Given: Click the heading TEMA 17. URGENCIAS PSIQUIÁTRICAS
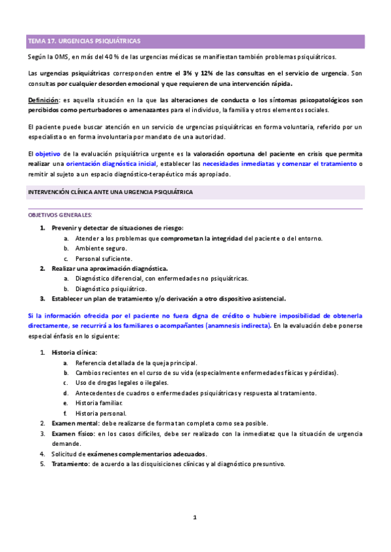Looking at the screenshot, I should click(x=84, y=41).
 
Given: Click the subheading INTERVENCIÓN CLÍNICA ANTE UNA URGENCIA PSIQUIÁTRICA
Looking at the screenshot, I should click(x=109, y=193).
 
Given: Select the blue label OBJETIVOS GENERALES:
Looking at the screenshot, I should click(x=60, y=215).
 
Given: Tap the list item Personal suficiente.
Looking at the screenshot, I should click(x=104, y=259).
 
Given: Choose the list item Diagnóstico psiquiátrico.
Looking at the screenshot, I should click(x=111, y=288).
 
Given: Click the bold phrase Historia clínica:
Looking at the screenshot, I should click(x=74, y=352).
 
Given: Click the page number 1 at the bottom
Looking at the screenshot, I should click(x=194, y=517).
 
